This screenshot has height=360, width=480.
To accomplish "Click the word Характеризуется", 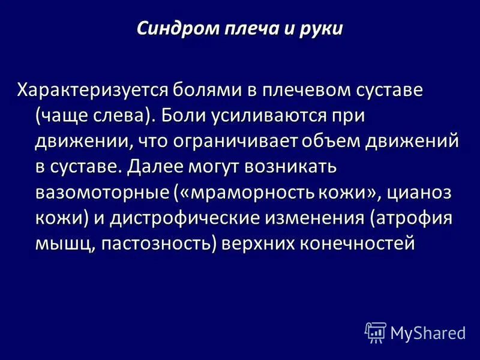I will point(91,90).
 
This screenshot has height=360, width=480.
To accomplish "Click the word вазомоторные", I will point(100,193).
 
